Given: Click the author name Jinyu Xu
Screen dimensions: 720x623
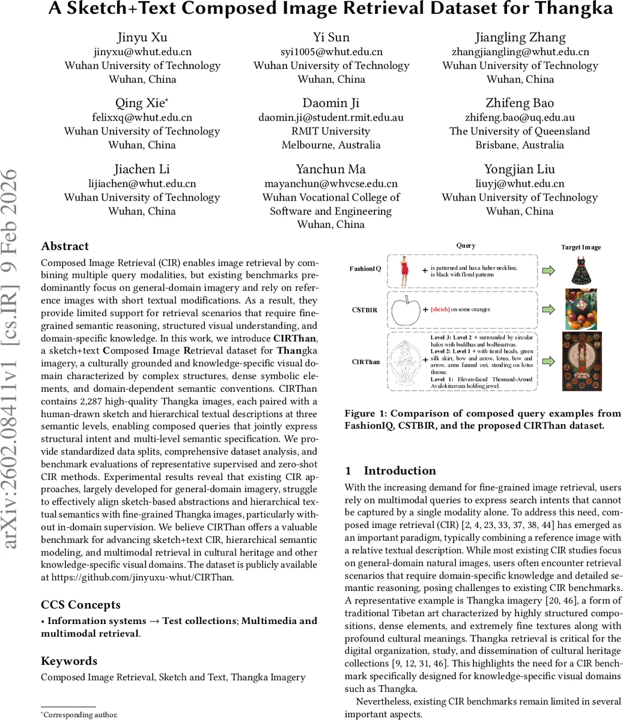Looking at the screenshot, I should coord(142,37).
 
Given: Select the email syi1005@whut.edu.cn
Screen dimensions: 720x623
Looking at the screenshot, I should coord(331,52).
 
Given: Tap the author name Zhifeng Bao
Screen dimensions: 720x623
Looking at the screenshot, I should coord(520,103).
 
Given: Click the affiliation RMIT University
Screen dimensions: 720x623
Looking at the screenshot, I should coord(331,131).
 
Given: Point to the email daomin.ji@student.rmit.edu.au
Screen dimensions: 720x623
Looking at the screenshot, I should coord(331,118).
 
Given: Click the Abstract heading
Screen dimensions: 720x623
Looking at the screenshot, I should coord(65,246).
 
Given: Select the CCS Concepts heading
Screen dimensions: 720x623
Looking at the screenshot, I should coord(81,604).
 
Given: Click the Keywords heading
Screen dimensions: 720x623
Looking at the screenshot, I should coord(69,661).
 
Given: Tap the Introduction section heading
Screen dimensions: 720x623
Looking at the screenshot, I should coord(391,470).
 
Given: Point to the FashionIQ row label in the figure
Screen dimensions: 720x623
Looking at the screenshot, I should coord(365,269).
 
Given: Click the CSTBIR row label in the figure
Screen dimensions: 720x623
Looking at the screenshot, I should coord(365,310).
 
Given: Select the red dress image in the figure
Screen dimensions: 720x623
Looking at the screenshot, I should coord(404,271).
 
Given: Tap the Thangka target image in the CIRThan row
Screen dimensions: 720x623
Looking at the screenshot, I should coord(580,362).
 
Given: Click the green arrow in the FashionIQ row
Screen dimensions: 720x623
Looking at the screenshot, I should coord(548,271).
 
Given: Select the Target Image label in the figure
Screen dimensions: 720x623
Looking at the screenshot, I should coord(580,247).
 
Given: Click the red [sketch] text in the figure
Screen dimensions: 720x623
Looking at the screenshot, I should coord(440,310).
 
